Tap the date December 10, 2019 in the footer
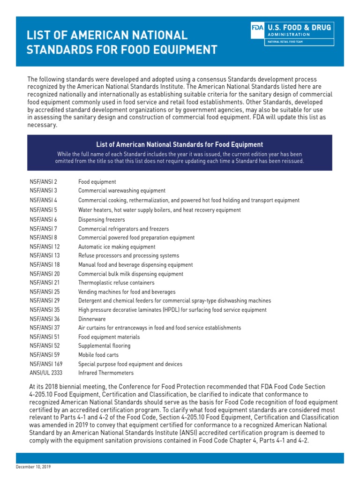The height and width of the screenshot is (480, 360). pyautogui.click(x=34, y=467)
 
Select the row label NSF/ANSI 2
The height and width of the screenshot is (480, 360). pyautogui.click(x=43, y=182)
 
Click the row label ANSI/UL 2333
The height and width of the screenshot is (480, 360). pyautogui.click(x=46, y=373)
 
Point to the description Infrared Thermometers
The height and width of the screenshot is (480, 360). pyautogui.click(x=106, y=373)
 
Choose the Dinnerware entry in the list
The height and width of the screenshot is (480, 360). pyautogui.click(x=91, y=319)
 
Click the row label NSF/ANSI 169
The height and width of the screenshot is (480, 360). pyautogui.click(x=46, y=364)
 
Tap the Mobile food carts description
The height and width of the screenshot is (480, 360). pyautogui.click(x=98, y=355)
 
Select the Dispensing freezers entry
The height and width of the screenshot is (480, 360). pyautogui.click(x=102, y=219)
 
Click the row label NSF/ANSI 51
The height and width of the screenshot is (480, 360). pyautogui.click(x=45, y=337)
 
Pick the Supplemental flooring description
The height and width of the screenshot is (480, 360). pyautogui.click(x=105, y=346)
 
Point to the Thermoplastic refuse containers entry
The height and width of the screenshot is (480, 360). pyautogui.click(x=116, y=283)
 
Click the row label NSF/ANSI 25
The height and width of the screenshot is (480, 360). pyautogui.click(x=45, y=292)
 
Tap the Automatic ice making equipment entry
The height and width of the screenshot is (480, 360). pyautogui.click(x=117, y=247)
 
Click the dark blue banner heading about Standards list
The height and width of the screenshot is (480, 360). pyautogui.click(x=180, y=145)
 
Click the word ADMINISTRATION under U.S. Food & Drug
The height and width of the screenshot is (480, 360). pyautogui.click(x=288, y=35)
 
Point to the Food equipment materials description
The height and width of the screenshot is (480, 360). pyautogui.click(x=109, y=337)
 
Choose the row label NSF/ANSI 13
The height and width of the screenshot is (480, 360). pyautogui.click(x=45, y=255)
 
